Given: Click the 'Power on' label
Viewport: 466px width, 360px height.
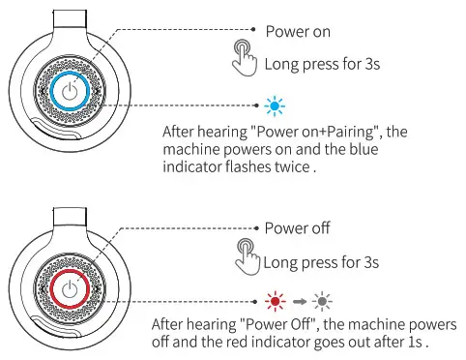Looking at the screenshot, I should pyautogui.click(x=298, y=31).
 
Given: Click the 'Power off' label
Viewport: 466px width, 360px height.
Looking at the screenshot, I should pyautogui.click(x=299, y=228).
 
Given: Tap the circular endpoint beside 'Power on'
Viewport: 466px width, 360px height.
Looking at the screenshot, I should pyautogui.click(x=255, y=31).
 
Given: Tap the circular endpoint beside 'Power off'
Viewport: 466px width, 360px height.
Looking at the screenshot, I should pyautogui.click(x=255, y=228).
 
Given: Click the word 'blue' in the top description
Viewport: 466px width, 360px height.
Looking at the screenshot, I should pyautogui.click(x=373, y=150).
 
